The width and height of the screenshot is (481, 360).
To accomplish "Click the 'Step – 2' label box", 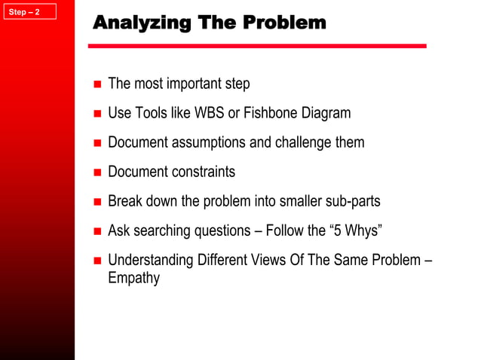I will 29,11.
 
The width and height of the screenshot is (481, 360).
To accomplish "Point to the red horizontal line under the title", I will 256,47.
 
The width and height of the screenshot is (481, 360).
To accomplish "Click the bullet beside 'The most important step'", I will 97,84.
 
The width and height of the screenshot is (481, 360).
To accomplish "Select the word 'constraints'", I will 204,172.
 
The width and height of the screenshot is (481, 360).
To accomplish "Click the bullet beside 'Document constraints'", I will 97,172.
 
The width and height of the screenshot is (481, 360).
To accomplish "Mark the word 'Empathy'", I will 134,279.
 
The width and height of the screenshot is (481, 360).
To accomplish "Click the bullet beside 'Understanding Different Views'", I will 97,261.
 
